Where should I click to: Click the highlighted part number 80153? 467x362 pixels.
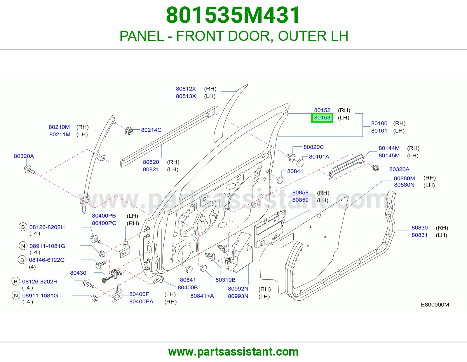tap(322, 118)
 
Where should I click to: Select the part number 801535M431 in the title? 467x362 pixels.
tap(233, 15)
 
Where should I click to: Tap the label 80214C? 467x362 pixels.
tap(151, 130)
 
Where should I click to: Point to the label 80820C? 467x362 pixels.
tap(313, 147)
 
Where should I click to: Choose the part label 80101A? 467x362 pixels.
tap(319, 157)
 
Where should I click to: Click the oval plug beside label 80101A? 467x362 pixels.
tap(300, 163)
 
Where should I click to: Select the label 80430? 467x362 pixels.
tap(78, 273)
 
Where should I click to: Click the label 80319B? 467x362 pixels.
tap(225, 280)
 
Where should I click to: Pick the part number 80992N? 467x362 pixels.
tap(238, 289)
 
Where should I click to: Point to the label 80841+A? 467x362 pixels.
tap(202, 296)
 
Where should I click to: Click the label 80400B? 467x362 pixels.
tap(188, 287)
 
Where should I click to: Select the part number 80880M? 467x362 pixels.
tap(404, 178)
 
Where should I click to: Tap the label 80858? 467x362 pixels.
tap(300, 192)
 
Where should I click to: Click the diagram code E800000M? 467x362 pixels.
tap(435, 304)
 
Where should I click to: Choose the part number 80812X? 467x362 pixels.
tap(186, 88)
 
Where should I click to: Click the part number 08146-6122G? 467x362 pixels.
tap(47, 260)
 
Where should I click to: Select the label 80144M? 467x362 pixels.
tap(389, 148)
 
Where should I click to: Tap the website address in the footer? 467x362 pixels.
tap(233, 352)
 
